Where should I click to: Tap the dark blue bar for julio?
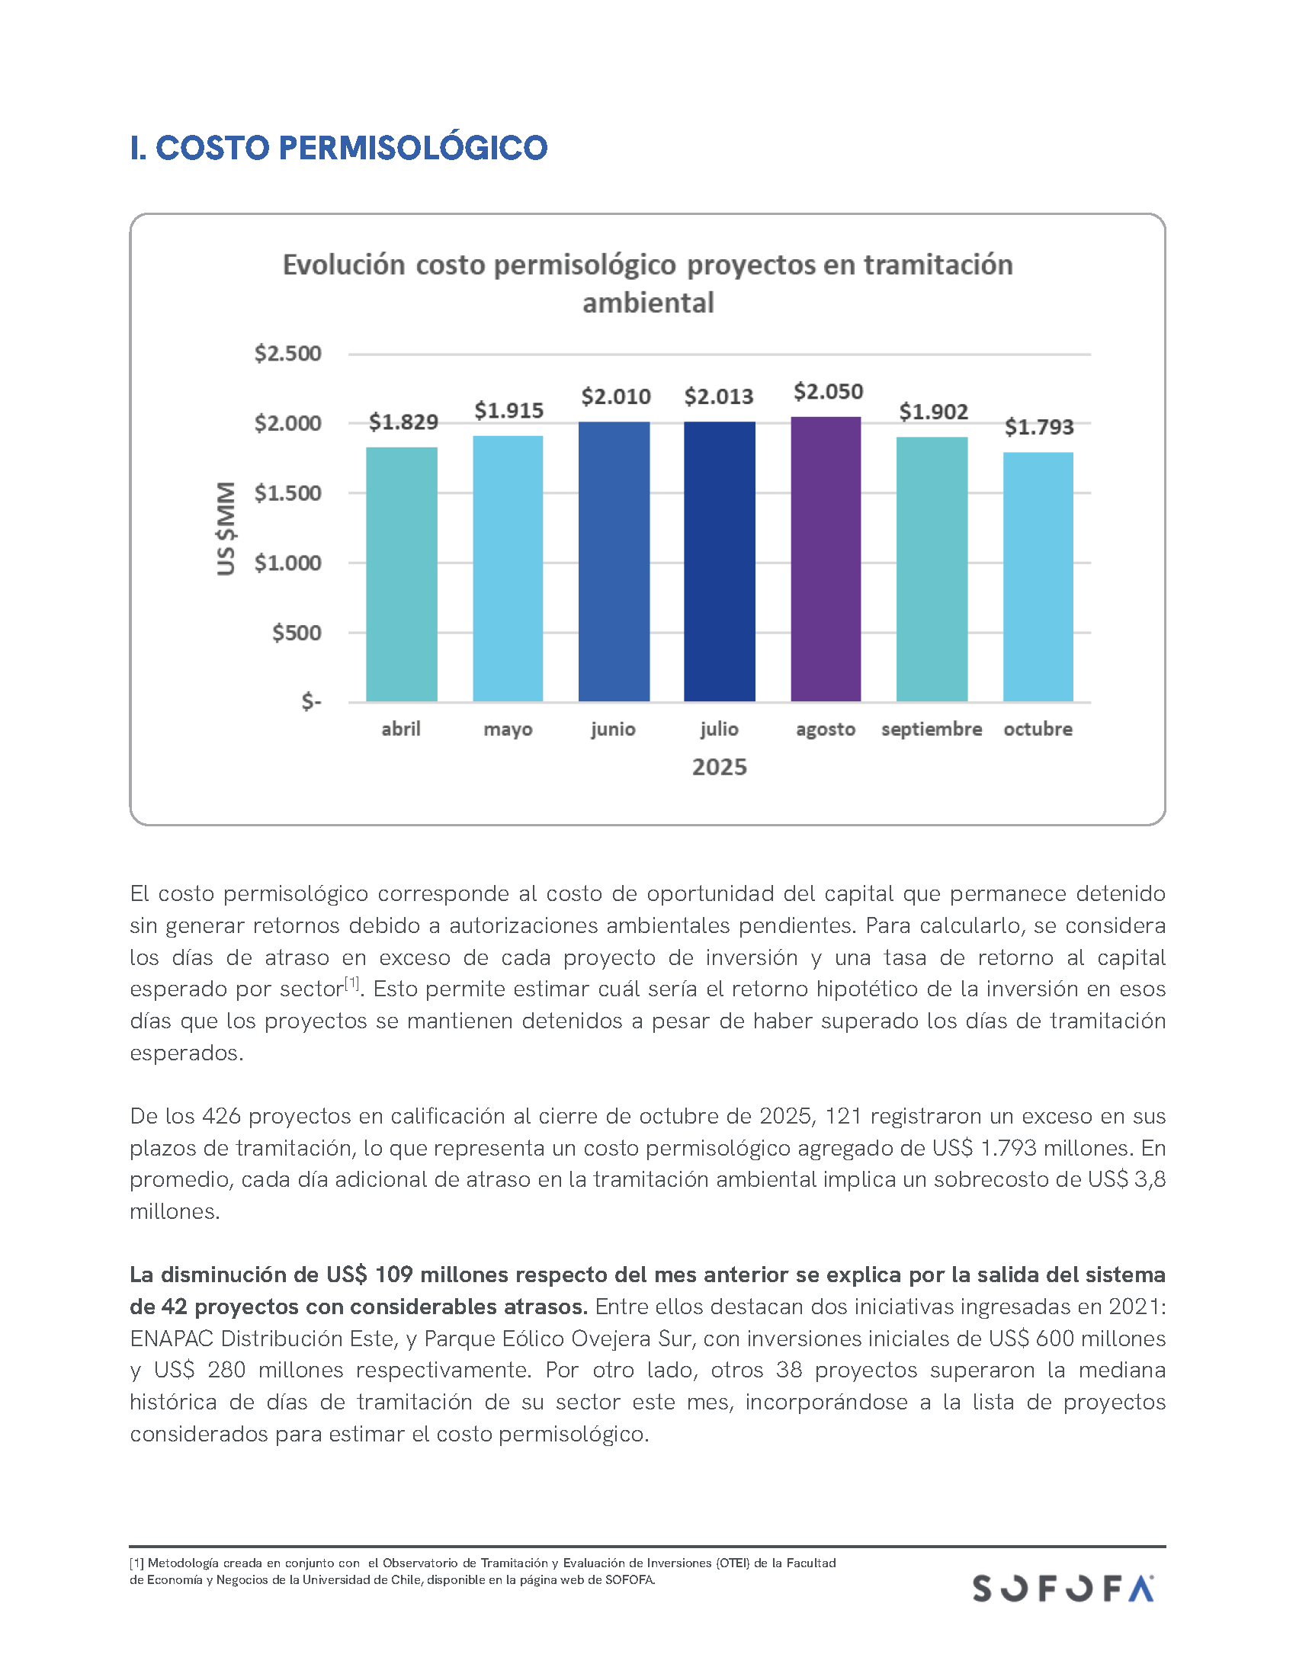tap(720, 561)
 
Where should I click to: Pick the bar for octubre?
tap(1038, 577)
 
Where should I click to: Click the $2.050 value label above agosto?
tap(829, 393)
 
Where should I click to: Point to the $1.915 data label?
tap(509, 411)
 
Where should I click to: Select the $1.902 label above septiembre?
tap(934, 412)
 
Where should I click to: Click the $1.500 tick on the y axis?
tap(288, 493)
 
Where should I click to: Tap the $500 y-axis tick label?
tap(297, 633)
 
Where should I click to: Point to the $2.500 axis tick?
tap(288, 354)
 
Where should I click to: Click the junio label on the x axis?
tap(613, 729)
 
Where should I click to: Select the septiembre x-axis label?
tap(932, 729)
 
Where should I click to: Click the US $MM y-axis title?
tap(226, 528)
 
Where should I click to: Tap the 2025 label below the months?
tap(720, 767)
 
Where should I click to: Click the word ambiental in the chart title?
tap(648, 303)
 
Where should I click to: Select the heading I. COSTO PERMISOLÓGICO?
tap(338, 148)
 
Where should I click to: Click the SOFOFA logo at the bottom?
tap(1063, 1588)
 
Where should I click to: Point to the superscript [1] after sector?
tap(351, 983)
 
